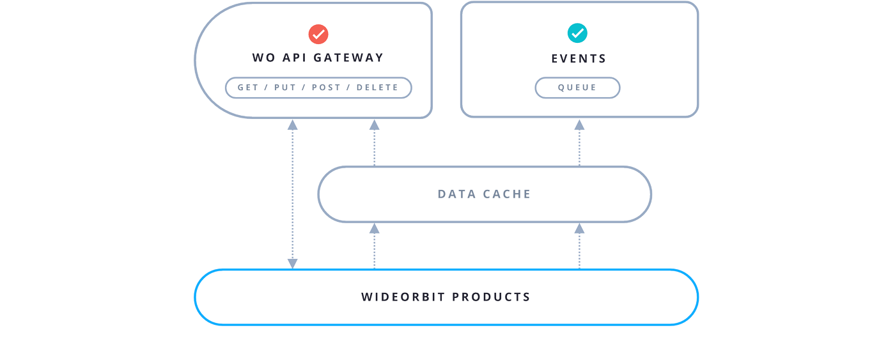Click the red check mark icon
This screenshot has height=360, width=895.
point(318,34)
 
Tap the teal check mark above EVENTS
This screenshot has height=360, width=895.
point(577,33)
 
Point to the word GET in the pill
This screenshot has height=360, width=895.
point(248,88)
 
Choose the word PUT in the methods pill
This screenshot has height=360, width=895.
point(285,88)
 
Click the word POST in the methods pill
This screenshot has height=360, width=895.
point(327,88)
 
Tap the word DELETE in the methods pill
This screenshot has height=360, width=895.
point(377,88)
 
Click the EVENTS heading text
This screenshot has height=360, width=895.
point(579,58)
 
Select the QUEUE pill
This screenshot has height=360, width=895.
point(577,88)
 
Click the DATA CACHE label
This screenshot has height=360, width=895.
point(484,194)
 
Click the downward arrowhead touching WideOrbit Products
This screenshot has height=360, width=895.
point(293,263)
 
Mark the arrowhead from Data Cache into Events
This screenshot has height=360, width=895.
point(579,125)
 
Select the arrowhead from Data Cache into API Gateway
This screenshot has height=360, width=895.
point(375,125)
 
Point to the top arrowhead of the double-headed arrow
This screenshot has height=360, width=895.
point(293,125)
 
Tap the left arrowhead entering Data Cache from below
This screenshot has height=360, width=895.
point(375,228)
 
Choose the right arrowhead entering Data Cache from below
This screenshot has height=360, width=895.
point(579,228)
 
